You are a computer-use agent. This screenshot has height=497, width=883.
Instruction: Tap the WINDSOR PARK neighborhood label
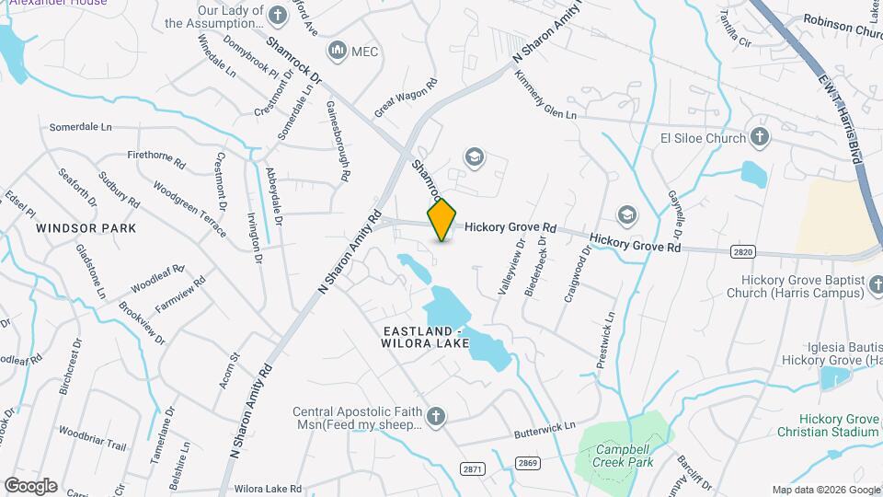tap(86, 227)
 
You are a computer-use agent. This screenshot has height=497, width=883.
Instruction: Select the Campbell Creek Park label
tap(623, 456)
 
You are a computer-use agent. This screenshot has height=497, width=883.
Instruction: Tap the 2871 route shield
tap(472, 468)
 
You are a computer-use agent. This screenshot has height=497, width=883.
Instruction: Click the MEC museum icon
tap(336, 50)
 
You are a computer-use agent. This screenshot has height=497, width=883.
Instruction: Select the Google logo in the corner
tap(30, 485)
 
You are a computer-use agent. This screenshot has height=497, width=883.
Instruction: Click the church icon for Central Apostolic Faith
tap(435, 417)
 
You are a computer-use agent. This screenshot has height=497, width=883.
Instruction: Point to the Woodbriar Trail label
tap(92, 438)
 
